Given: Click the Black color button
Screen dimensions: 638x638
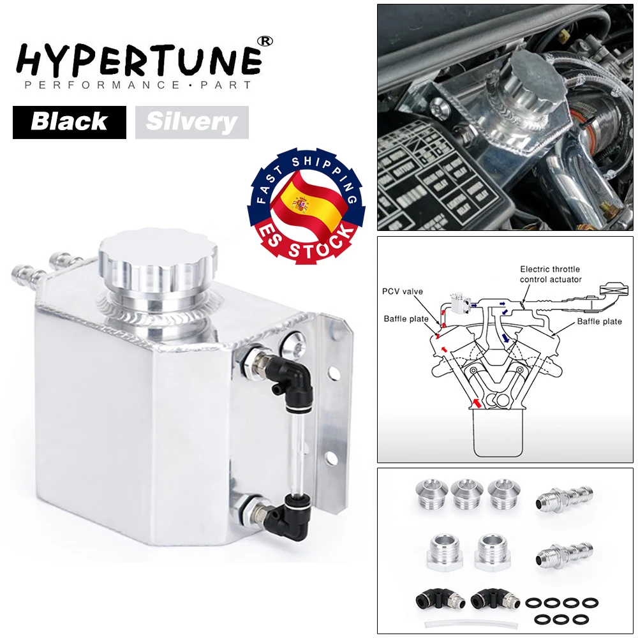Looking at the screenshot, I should (x=69, y=122).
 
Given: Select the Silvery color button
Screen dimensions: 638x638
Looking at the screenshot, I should (x=191, y=122).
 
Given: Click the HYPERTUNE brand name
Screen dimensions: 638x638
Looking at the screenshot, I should (x=137, y=59).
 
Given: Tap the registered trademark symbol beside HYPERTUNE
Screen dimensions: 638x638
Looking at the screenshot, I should (x=264, y=40).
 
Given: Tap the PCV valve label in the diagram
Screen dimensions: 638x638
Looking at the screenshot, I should (x=403, y=292).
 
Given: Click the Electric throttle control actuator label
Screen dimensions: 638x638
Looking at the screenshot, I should (x=550, y=274).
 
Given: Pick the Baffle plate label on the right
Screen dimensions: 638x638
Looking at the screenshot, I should (x=599, y=322).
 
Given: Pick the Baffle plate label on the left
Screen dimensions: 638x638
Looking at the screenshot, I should (x=406, y=318).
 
